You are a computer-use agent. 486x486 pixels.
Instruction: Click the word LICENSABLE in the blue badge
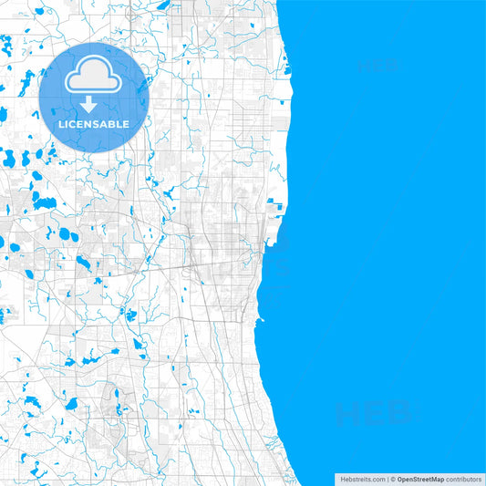coord(95,124)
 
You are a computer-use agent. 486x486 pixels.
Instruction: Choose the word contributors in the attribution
coord(463,478)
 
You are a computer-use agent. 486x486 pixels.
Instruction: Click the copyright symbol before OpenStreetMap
coord(393,478)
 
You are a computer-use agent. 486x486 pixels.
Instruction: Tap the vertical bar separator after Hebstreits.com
coord(387,478)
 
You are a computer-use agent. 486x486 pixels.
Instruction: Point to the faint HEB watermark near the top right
coord(377,66)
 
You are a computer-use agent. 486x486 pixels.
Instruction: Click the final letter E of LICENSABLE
coord(127,124)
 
